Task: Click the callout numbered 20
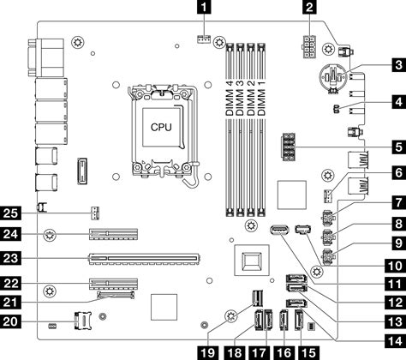[x=9, y=321]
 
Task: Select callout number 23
[x=9, y=256]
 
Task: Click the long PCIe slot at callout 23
[x=141, y=255]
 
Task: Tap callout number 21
[x=9, y=301]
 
